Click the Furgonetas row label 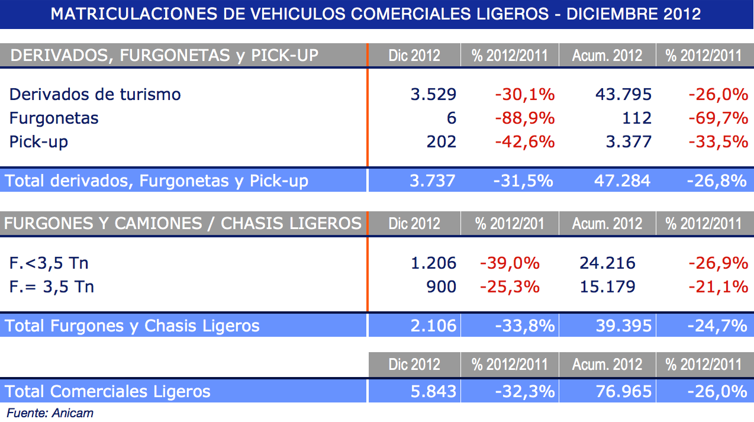pyautogui.click(x=54, y=118)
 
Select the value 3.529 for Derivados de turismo pyautogui.click(x=433, y=95)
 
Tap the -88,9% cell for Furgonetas pyautogui.click(x=524, y=118)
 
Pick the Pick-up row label pyautogui.click(x=38, y=142)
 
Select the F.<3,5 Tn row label pyautogui.click(x=49, y=263)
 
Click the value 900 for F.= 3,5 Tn pyautogui.click(x=441, y=287)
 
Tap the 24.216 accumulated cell pyautogui.click(x=607, y=263)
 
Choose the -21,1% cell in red pyautogui.click(x=718, y=287)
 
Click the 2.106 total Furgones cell pyautogui.click(x=433, y=326)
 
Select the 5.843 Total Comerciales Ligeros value pyautogui.click(x=433, y=391)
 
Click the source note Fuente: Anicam pyautogui.click(x=50, y=413)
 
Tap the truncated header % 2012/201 pyautogui.click(x=510, y=224)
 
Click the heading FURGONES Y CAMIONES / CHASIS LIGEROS pyautogui.click(x=183, y=224)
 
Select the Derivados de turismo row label pyautogui.click(x=95, y=95)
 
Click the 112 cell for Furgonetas pyautogui.click(x=637, y=118)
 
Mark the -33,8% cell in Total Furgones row pyautogui.click(x=524, y=326)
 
